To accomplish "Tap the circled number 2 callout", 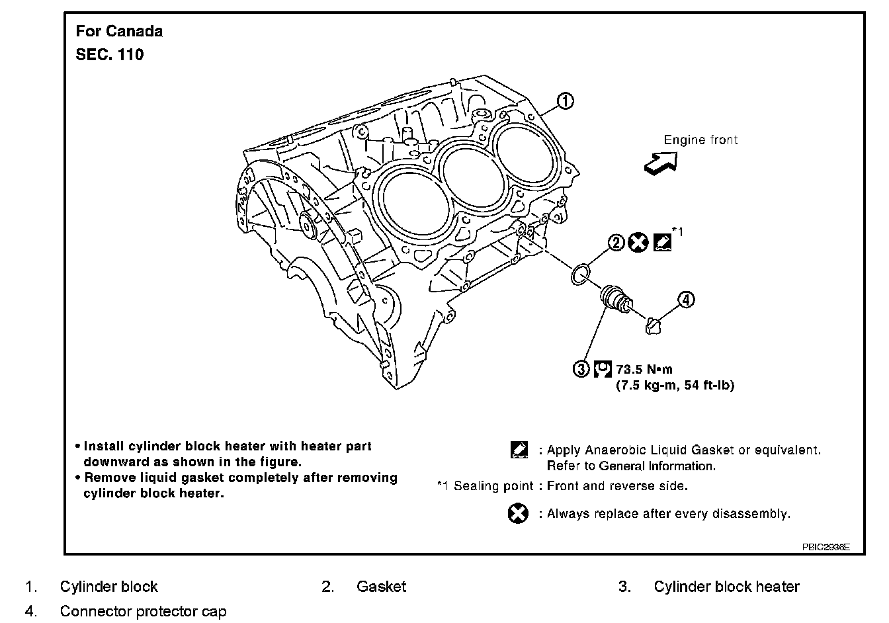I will (x=616, y=243).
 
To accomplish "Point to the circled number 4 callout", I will (x=686, y=300).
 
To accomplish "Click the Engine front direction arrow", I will (x=661, y=162).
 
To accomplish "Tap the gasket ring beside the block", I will (x=580, y=274).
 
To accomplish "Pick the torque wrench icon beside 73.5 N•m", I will (x=602, y=369).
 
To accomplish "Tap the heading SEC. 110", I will (x=110, y=55).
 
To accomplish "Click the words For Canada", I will (x=119, y=31).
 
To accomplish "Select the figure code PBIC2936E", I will (x=825, y=547).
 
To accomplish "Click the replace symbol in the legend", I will (x=519, y=513).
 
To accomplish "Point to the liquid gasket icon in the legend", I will (x=519, y=450).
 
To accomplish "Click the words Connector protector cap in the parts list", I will (x=143, y=611).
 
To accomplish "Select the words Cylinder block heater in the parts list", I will (x=726, y=587).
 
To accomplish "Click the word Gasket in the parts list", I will (x=381, y=587).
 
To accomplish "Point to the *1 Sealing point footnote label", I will (x=485, y=486).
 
